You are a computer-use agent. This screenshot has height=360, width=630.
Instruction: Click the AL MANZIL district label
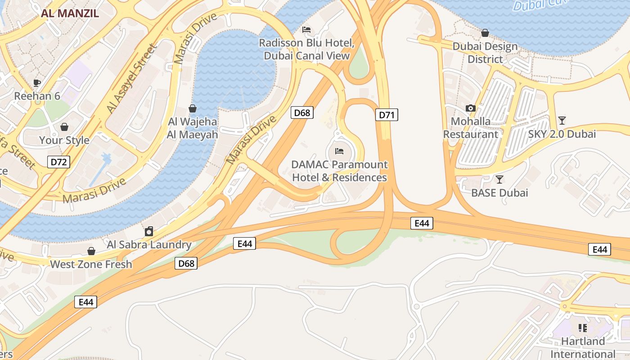coord(70,13)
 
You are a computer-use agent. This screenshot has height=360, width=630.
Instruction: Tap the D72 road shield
coord(59,162)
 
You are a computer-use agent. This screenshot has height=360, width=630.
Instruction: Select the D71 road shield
coord(387,115)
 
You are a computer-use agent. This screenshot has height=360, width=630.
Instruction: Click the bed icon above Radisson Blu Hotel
coord(306,30)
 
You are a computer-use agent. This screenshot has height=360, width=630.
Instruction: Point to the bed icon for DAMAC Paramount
coord(339,151)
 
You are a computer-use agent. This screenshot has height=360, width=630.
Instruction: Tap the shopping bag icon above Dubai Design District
coord(485,33)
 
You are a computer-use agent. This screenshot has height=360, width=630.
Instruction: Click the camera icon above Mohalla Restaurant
coord(471,108)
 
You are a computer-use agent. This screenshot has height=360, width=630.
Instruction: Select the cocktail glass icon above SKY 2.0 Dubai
coord(562,120)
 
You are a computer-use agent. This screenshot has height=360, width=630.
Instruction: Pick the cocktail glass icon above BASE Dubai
coord(499,180)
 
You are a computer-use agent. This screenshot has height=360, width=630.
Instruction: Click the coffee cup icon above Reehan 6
coord(37,83)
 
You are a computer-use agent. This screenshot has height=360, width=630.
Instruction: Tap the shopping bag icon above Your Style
coord(64,127)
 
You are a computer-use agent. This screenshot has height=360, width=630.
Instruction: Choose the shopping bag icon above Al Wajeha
coord(193,108)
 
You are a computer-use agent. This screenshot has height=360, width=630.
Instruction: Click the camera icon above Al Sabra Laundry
coord(149,231)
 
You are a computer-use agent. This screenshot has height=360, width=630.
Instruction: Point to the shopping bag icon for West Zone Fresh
coord(91,251)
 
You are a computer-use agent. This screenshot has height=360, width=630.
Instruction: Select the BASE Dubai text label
coord(499,193)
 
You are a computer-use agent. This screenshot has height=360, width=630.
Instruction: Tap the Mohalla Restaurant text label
coord(471,128)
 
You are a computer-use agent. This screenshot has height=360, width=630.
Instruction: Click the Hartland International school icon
coord(583,328)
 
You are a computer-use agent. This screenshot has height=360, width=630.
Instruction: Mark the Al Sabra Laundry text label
coord(149,245)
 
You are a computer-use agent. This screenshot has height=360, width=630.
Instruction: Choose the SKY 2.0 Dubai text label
coord(562,134)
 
